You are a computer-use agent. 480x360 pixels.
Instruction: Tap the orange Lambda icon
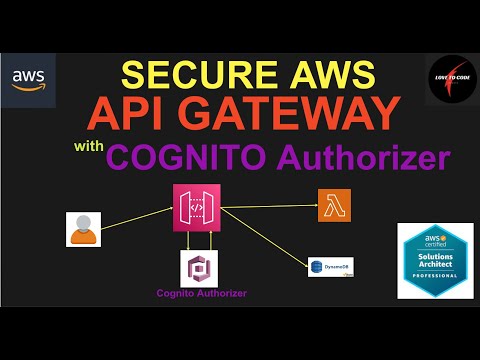tap(331, 205)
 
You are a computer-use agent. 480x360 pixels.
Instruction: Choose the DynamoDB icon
tap(329, 266)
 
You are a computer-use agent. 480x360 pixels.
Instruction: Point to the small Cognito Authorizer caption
tap(201, 294)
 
